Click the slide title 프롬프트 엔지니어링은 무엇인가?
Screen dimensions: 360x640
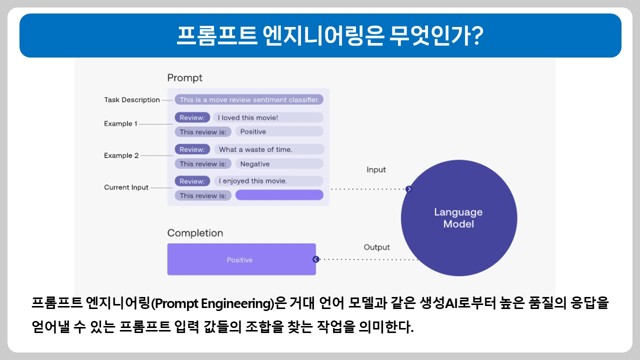(x=320, y=35)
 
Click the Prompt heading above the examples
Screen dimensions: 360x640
(x=184, y=78)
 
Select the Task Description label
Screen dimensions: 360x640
(x=131, y=100)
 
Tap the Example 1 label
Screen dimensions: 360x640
(x=120, y=123)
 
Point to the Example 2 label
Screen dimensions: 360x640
(x=121, y=155)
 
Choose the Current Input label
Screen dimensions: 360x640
(x=126, y=187)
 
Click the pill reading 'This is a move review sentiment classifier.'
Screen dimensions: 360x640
(x=249, y=99)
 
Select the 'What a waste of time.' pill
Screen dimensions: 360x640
(x=269, y=149)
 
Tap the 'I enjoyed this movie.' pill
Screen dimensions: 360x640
(x=268, y=181)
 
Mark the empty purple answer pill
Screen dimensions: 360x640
(x=279, y=195)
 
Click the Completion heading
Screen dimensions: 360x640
(x=195, y=233)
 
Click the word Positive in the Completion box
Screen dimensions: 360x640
(x=239, y=260)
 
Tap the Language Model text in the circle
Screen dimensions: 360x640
(x=458, y=218)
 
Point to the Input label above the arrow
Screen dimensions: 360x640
(x=376, y=170)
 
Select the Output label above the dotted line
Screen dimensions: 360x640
(x=376, y=247)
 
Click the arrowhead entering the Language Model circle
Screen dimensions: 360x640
(x=408, y=189)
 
